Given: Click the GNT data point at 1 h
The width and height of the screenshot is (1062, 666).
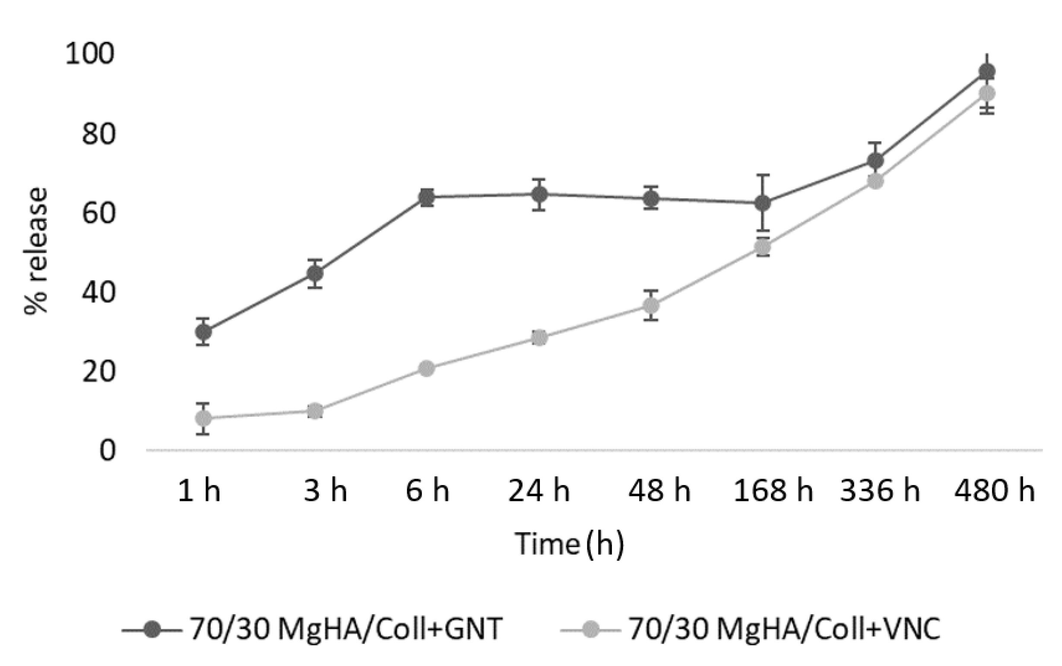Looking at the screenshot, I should (203, 331).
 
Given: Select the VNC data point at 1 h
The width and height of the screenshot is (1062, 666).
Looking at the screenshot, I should (203, 418).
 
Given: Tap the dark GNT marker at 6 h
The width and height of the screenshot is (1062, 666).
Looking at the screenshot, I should (427, 197).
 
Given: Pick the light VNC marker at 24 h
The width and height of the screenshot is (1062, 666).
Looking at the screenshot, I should (539, 338).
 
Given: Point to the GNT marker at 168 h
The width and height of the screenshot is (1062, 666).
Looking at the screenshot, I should (763, 203).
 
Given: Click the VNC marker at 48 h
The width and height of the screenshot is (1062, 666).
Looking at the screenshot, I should (651, 305).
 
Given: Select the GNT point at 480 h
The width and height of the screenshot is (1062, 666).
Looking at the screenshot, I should (987, 71).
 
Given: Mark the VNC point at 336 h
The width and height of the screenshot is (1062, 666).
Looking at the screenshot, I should (875, 181).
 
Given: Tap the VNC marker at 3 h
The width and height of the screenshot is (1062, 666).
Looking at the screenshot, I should (314, 411).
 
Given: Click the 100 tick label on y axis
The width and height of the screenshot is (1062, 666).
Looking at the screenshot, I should (89, 54).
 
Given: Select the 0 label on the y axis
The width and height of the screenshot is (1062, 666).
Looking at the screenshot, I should (107, 451).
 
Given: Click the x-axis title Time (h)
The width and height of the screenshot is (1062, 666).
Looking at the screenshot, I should (569, 544).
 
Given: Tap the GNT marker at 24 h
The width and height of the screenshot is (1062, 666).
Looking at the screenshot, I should (539, 194).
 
